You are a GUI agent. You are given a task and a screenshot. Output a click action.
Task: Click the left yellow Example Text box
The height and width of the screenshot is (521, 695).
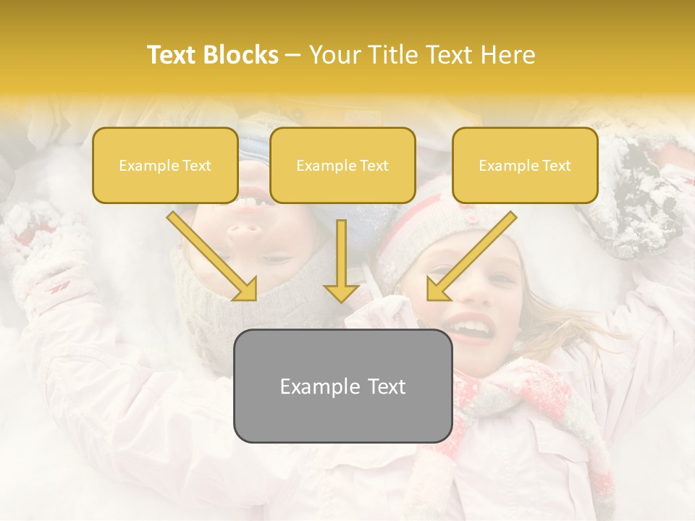[x=165, y=166]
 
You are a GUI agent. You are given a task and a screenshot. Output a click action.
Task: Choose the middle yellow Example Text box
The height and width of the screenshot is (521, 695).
[x=342, y=166]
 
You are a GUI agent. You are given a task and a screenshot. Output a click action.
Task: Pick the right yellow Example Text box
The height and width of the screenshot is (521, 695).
[x=525, y=166]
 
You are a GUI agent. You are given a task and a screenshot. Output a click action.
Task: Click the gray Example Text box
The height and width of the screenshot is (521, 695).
[x=342, y=386]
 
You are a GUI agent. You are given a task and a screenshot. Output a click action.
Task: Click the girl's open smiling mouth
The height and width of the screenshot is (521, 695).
[x=471, y=329]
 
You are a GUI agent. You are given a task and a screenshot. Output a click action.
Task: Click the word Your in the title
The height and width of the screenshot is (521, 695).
[x=334, y=55]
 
